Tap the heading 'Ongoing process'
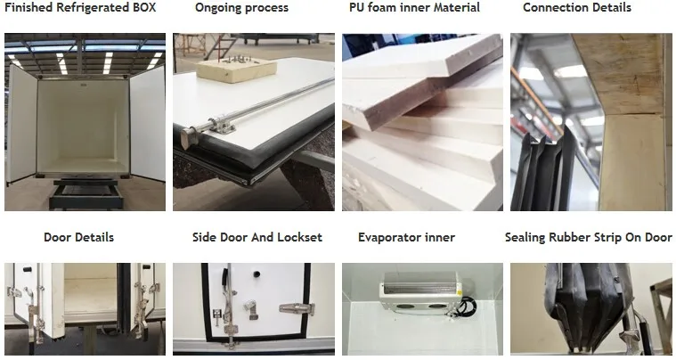242,8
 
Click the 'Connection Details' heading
577,7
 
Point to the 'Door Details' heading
79,237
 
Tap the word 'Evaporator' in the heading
388,238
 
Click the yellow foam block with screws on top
236,69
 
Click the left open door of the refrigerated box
22,124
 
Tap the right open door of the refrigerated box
148,123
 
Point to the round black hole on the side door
257,274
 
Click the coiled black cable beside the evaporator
468,307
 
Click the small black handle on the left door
28,269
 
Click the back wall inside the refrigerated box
83,124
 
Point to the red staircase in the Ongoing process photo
220,46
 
